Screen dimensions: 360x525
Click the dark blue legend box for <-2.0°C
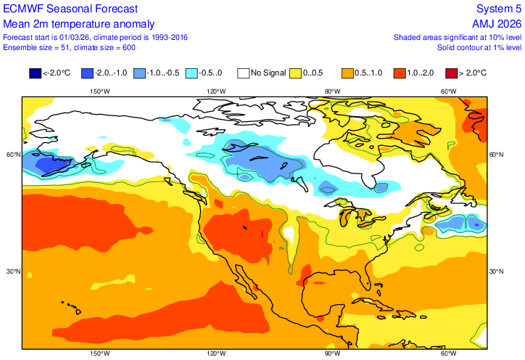click(x=35, y=73)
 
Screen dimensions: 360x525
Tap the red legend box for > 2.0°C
click(x=450, y=73)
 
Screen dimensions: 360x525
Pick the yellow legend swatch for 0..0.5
click(x=296, y=73)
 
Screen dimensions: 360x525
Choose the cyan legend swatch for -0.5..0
click(x=192, y=73)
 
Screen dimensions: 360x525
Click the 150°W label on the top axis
click(x=99, y=91)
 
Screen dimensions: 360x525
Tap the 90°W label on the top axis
click(x=332, y=91)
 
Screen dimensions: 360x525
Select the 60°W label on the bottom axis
click(x=449, y=354)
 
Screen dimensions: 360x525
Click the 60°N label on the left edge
click(x=12, y=155)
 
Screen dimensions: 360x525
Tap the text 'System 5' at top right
click(x=499, y=9)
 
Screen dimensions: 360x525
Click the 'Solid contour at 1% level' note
click(x=479, y=47)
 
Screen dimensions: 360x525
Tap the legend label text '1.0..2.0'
click(x=420, y=73)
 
